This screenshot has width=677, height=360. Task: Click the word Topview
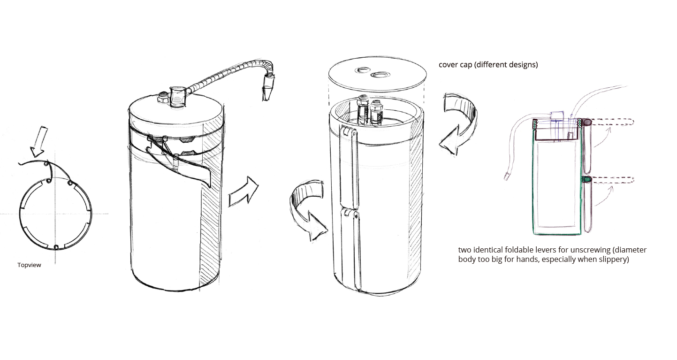click(29, 265)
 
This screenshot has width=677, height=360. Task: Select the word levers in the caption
click(543, 250)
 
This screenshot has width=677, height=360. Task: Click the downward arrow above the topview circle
click(39, 141)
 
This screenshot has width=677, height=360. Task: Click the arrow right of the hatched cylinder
click(243, 191)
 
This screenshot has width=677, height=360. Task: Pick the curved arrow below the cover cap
click(458, 123)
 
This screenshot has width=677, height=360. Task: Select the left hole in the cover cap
click(363, 70)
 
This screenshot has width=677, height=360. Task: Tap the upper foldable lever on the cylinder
click(349, 167)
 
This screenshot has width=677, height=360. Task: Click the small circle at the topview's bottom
click(56, 247)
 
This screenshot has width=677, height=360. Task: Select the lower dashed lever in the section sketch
click(608, 180)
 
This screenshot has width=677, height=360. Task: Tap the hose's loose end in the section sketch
click(507, 176)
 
